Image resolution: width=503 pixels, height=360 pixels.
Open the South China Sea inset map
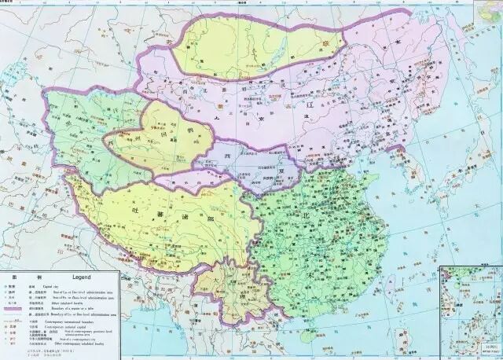[x=470, y=310]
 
